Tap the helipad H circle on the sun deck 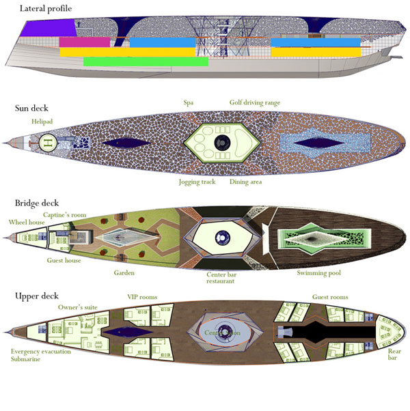(47, 143)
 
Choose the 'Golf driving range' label (254, 103)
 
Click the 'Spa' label (189, 103)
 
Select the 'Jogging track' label (197, 182)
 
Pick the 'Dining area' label (245, 182)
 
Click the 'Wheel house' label (27, 222)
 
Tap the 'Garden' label (124, 272)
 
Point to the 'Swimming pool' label (320, 273)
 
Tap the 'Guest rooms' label (330, 297)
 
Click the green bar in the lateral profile (145, 61)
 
